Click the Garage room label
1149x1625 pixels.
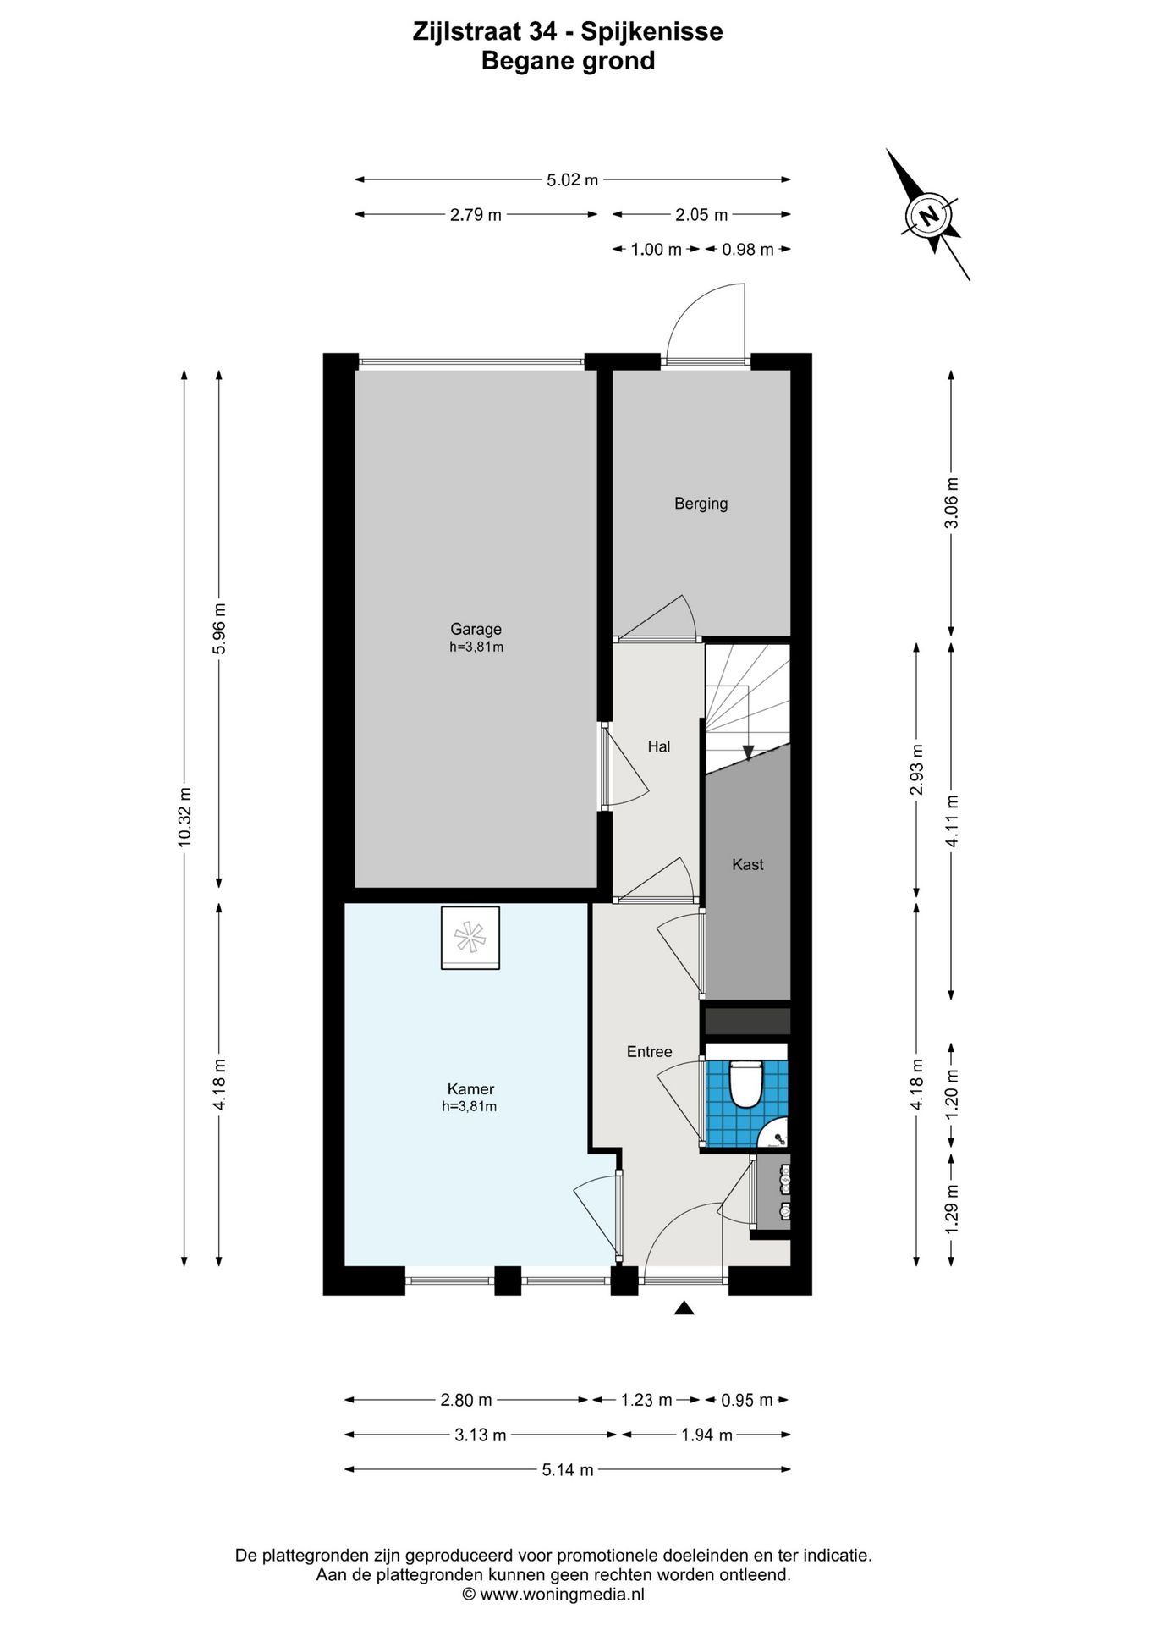tap(476, 629)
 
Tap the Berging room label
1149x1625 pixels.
tap(701, 504)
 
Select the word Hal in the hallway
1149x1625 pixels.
tap(658, 746)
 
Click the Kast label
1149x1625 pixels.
tap(747, 864)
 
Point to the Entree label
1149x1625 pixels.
tap(649, 1052)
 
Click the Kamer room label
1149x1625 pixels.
tap(470, 1089)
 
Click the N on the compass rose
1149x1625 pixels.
tap(930, 215)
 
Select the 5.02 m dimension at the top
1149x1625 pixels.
tap(572, 179)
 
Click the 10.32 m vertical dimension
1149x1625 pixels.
tap(184, 816)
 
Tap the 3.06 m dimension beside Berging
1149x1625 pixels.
tap(952, 503)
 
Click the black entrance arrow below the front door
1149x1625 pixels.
tap(684, 1308)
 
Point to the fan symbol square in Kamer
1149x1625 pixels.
tap(470, 938)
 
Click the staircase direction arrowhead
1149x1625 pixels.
tap(748, 752)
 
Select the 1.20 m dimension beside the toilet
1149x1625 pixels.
tap(952, 1093)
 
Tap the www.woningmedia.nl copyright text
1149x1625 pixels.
tap(553, 1595)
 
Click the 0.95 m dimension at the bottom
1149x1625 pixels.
tap(746, 1401)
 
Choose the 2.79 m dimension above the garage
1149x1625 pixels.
tap(476, 215)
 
